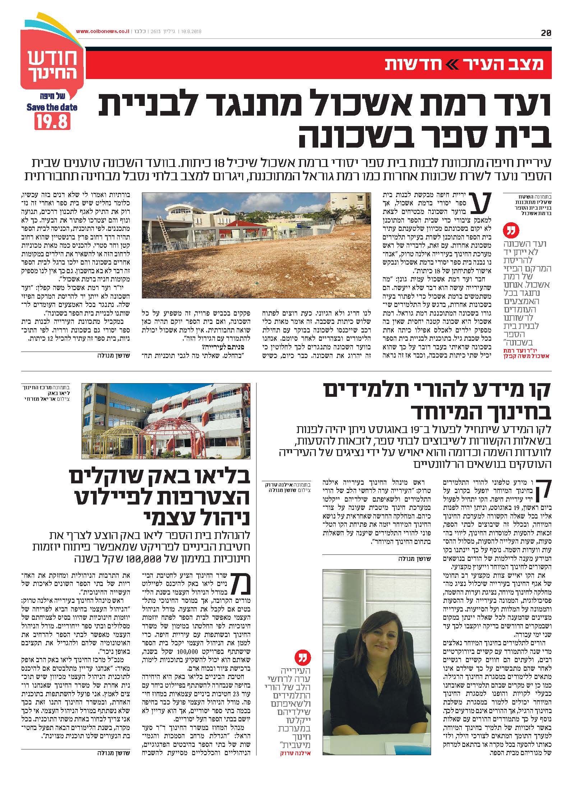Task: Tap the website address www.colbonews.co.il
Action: pos(103,32)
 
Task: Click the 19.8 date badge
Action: pos(52,121)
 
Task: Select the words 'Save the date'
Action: pos(52,107)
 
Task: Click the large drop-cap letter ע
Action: pos(491,205)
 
